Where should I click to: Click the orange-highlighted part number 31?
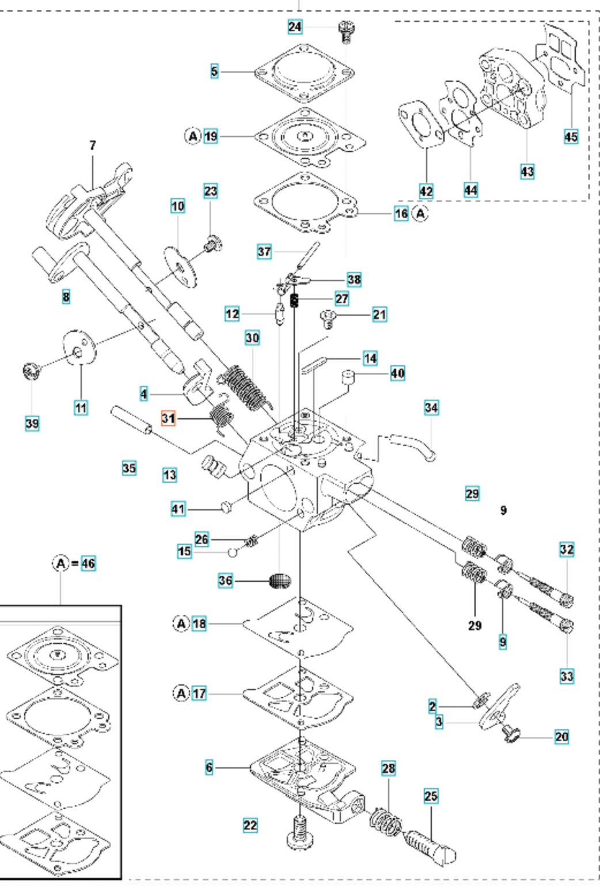click(x=168, y=418)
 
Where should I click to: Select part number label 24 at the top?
click(x=295, y=26)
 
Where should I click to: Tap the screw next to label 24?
click(x=345, y=31)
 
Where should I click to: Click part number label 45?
click(x=570, y=137)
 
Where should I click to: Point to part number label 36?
click(x=226, y=580)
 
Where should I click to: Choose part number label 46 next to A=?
click(x=88, y=563)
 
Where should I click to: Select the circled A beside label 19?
click(x=192, y=137)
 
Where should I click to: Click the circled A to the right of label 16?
click(x=421, y=213)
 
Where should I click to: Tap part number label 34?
click(x=431, y=408)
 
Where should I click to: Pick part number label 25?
click(x=431, y=796)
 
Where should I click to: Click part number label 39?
click(x=32, y=423)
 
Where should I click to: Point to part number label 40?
click(x=397, y=373)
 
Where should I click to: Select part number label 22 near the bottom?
click(x=250, y=825)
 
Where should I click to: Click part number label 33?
click(x=567, y=675)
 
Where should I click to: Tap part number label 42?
click(x=427, y=191)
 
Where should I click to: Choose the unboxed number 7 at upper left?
click(x=93, y=146)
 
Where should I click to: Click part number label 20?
click(x=561, y=736)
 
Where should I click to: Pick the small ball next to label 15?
click(x=231, y=552)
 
